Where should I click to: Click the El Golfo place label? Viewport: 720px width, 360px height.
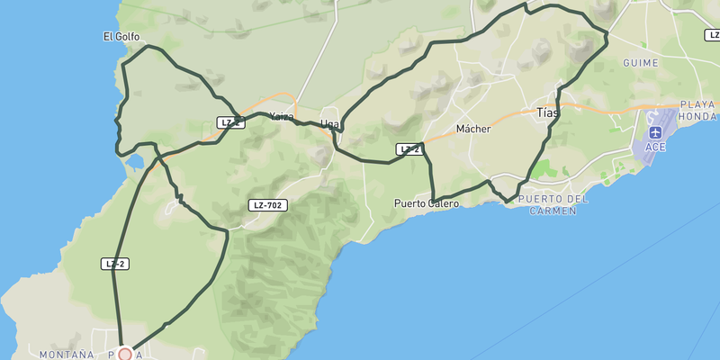pyautogui.click(x=121, y=37)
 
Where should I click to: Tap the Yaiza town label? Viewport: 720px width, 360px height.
pyautogui.click(x=281, y=116)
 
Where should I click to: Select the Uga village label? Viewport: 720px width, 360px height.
pyautogui.click(x=330, y=124)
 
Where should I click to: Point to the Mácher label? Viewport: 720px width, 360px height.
pyautogui.click(x=473, y=129)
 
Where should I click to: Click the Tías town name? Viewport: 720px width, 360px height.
pyautogui.click(x=547, y=113)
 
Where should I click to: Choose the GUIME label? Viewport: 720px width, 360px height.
pyautogui.click(x=640, y=63)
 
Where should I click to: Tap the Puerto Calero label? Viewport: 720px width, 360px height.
pyautogui.click(x=427, y=203)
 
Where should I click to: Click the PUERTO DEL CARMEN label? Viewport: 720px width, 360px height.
pyautogui.click(x=553, y=204)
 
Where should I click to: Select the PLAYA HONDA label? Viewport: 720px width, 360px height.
pyautogui.click(x=698, y=111)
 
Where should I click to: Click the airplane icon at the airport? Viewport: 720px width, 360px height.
pyautogui.click(x=654, y=132)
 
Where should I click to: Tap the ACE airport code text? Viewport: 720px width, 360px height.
pyautogui.click(x=654, y=147)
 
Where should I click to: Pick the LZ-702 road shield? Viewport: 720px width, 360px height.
pyautogui.click(x=268, y=205)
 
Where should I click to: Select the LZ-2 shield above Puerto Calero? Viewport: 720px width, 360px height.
pyautogui.click(x=409, y=149)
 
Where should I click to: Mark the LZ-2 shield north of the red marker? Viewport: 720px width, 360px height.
pyautogui.click(x=114, y=264)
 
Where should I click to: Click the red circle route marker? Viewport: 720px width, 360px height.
pyautogui.click(x=125, y=355)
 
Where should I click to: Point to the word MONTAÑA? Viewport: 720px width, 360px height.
pyautogui.click(x=67, y=355)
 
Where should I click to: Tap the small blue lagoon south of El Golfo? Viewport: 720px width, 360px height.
pyautogui.click(x=135, y=162)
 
